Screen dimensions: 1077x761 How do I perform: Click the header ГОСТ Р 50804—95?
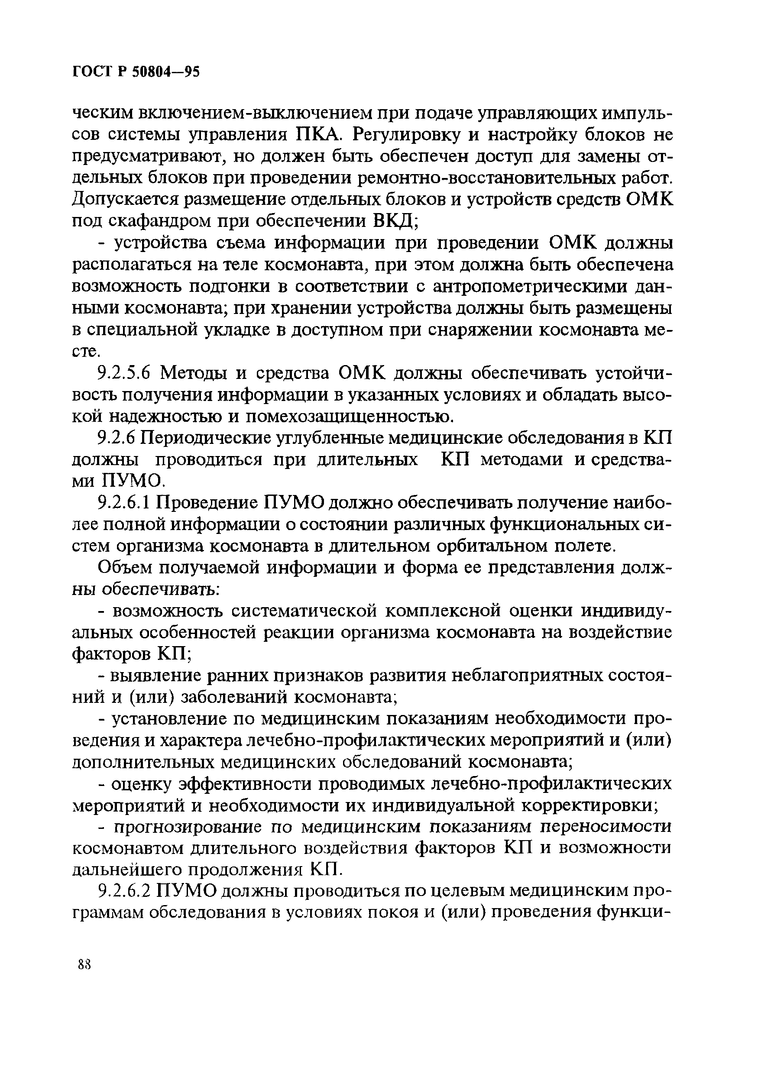click(136, 72)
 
